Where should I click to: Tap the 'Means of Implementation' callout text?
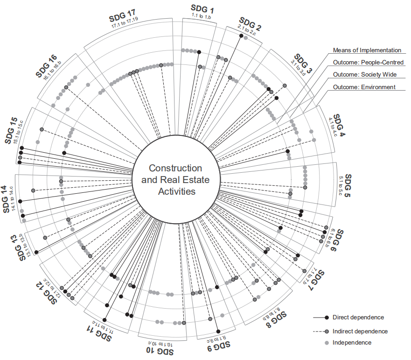[x=367, y=50]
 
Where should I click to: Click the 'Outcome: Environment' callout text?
[x=364, y=87]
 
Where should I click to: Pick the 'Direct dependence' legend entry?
[x=358, y=318]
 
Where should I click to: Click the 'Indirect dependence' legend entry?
[x=360, y=331]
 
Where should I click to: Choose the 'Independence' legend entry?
[x=352, y=343]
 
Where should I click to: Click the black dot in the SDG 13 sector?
[x=36, y=252]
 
